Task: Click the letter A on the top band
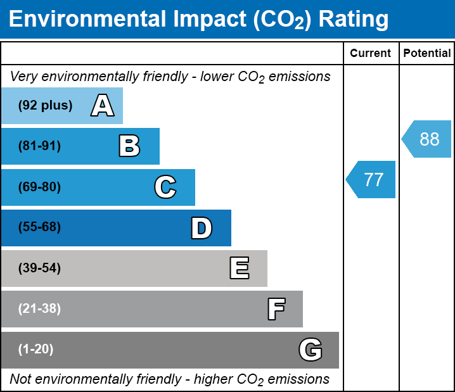(x=102, y=106)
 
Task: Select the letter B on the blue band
(x=129, y=146)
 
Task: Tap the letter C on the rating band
(x=165, y=187)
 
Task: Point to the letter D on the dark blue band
(x=202, y=228)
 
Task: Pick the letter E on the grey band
(x=239, y=269)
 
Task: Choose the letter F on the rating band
(x=276, y=309)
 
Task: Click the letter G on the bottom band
(x=311, y=350)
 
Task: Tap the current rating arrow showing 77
(x=371, y=180)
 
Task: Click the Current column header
(x=371, y=54)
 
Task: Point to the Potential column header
(x=427, y=54)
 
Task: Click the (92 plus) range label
(x=45, y=106)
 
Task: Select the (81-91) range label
(x=39, y=146)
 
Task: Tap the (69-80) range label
(x=39, y=187)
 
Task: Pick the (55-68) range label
(x=39, y=228)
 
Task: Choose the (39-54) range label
(x=39, y=269)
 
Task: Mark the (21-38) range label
(x=39, y=309)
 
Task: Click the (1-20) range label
(x=36, y=350)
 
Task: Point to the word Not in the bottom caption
(x=20, y=379)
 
